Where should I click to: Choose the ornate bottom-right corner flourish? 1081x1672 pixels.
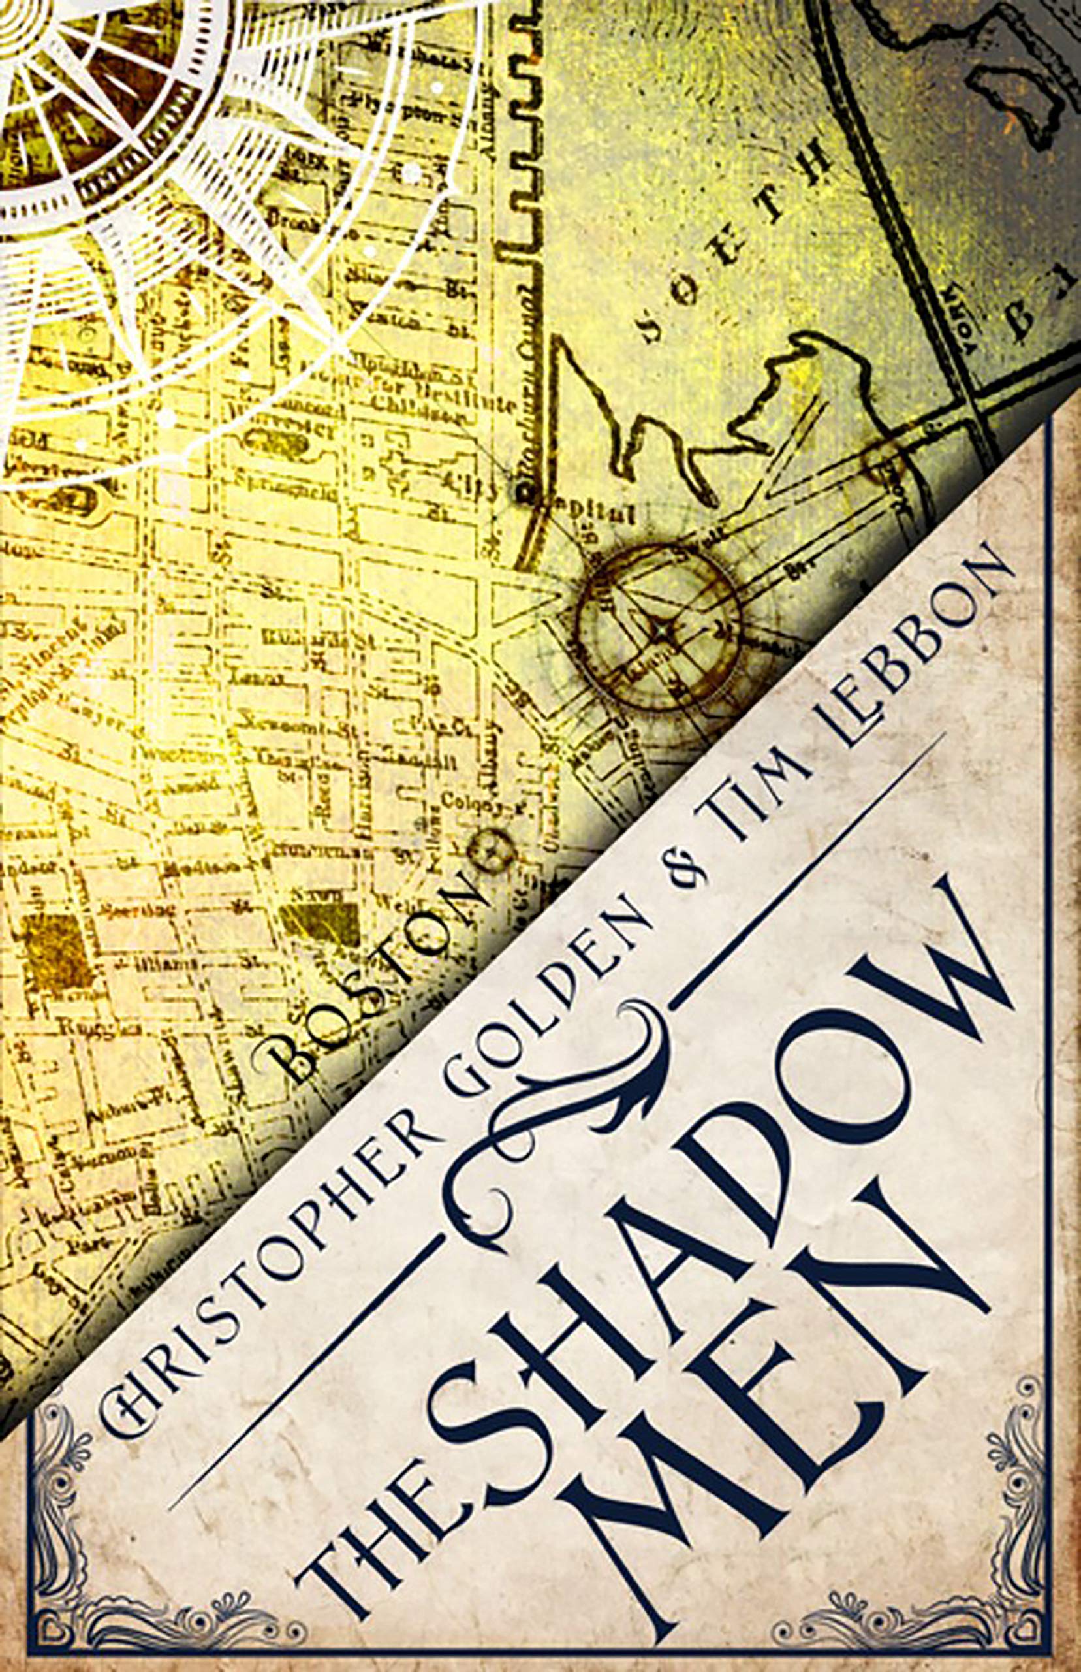1010,1601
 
